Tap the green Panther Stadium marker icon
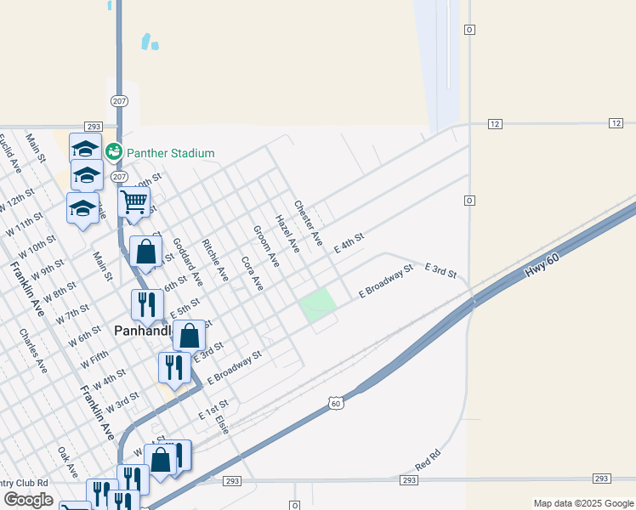113,152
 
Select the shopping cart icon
133,202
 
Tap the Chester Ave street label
308,223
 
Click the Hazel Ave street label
288,234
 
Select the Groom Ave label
266,246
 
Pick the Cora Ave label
253,273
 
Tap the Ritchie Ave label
215,259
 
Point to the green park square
317,304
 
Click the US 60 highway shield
337,402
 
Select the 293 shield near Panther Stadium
94,126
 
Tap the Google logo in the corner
28,500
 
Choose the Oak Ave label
68,462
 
